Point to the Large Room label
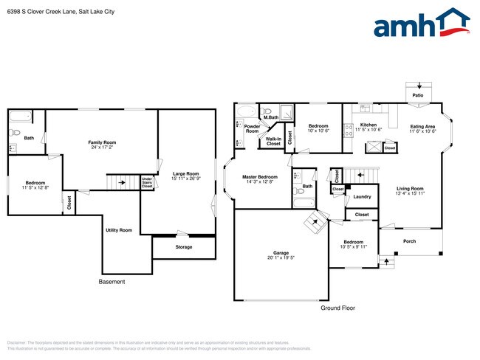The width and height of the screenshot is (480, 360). (186, 175)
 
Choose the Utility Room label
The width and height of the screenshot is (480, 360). (118, 230)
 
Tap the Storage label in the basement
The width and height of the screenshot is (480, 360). (184, 247)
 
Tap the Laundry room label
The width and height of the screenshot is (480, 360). (362, 196)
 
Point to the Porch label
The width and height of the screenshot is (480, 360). (408, 241)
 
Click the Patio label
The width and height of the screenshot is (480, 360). (418, 95)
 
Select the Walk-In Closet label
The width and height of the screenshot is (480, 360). (273, 140)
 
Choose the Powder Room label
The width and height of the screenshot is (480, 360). (252, 128)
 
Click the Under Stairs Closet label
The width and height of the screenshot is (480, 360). (147, 182)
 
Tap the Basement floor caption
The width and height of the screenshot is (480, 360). (112, 282)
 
